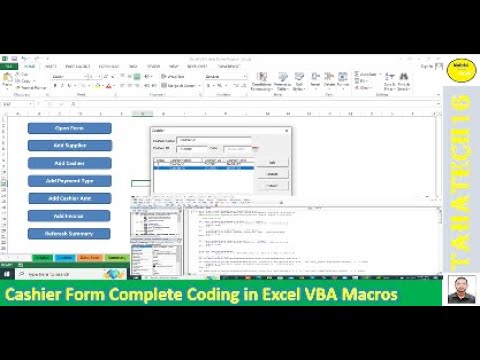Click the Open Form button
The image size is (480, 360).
tap(69, 128)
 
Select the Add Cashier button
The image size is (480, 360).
tap(69, 163)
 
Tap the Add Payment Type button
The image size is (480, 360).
tap(69, 181)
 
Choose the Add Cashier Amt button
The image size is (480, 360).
tap(69, 198)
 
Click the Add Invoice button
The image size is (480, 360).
tap(69, 216)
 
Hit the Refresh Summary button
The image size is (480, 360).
tap(69, 233)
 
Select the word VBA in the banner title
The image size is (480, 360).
tap(302, 295)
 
